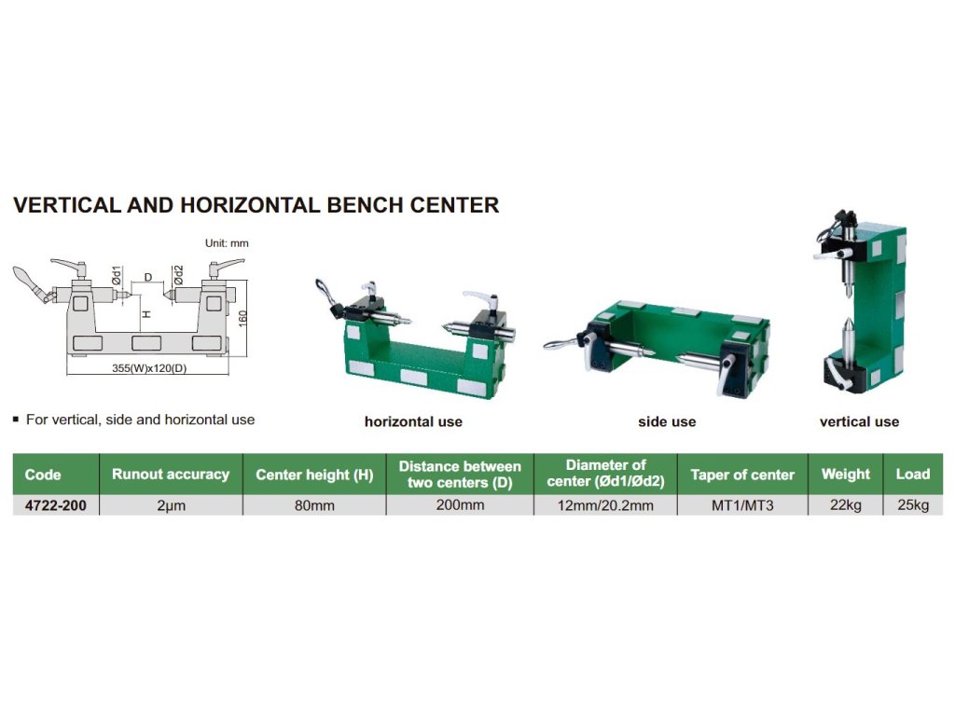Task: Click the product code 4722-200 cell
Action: point(55,505)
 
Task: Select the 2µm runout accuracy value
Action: point(172,505)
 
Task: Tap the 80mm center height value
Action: point(314,505)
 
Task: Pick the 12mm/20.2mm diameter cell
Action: point(605,505)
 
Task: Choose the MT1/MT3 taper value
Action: point(742,505)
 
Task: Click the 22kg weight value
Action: point(845,505)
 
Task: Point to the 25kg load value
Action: point(913,505)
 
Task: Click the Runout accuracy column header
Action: point(171,475)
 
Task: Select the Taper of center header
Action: point(742,475)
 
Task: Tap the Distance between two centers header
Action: point(460,475)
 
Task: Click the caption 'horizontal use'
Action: point(413,421)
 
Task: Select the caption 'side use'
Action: point(667,421)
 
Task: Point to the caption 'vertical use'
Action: point(859,421)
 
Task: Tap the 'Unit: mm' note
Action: point(227,243)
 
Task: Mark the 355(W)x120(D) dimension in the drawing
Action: point(149,368)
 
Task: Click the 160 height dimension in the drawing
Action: point(242,319)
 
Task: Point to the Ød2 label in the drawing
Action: point(178,275)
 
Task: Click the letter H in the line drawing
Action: point(146,314)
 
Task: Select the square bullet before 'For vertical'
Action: point(16,420)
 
